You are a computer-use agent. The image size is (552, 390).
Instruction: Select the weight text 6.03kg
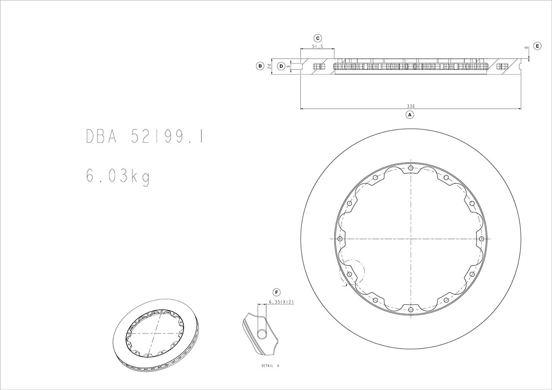(x=118, y=176)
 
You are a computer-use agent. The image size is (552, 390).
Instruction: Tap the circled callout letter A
(x=410, y=115)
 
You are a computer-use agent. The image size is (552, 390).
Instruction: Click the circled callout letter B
(x=260, y=66)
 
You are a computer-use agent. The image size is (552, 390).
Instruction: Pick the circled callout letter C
(x=317, y=38)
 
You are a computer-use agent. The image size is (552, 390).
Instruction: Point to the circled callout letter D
(x=281, y=66)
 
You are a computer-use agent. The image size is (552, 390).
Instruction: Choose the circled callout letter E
(x=537, y=46)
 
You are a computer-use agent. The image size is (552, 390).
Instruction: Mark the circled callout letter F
(x=277, y=292)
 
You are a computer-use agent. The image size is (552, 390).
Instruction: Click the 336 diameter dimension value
(x=411, y=106)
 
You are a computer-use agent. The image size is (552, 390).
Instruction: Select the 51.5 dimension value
(x=317, y=46)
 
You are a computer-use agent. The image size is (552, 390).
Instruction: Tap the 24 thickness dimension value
(x=270, y=66)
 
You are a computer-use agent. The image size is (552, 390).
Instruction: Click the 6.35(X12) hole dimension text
(x=281, y=302)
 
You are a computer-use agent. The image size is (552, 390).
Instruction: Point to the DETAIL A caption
(x=270, y=365)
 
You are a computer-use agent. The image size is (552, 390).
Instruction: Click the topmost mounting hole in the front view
(x=411, y=168)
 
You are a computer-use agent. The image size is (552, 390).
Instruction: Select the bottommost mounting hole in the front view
(x=411, y=308)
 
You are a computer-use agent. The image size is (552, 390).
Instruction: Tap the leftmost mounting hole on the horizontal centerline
(x=340, y=239)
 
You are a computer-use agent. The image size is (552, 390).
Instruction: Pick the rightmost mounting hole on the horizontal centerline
(x=481, y=239)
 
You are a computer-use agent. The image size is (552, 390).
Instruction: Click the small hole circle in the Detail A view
(x=262, y=333)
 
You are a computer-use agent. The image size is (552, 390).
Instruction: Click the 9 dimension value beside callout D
(x=288, y=66)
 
